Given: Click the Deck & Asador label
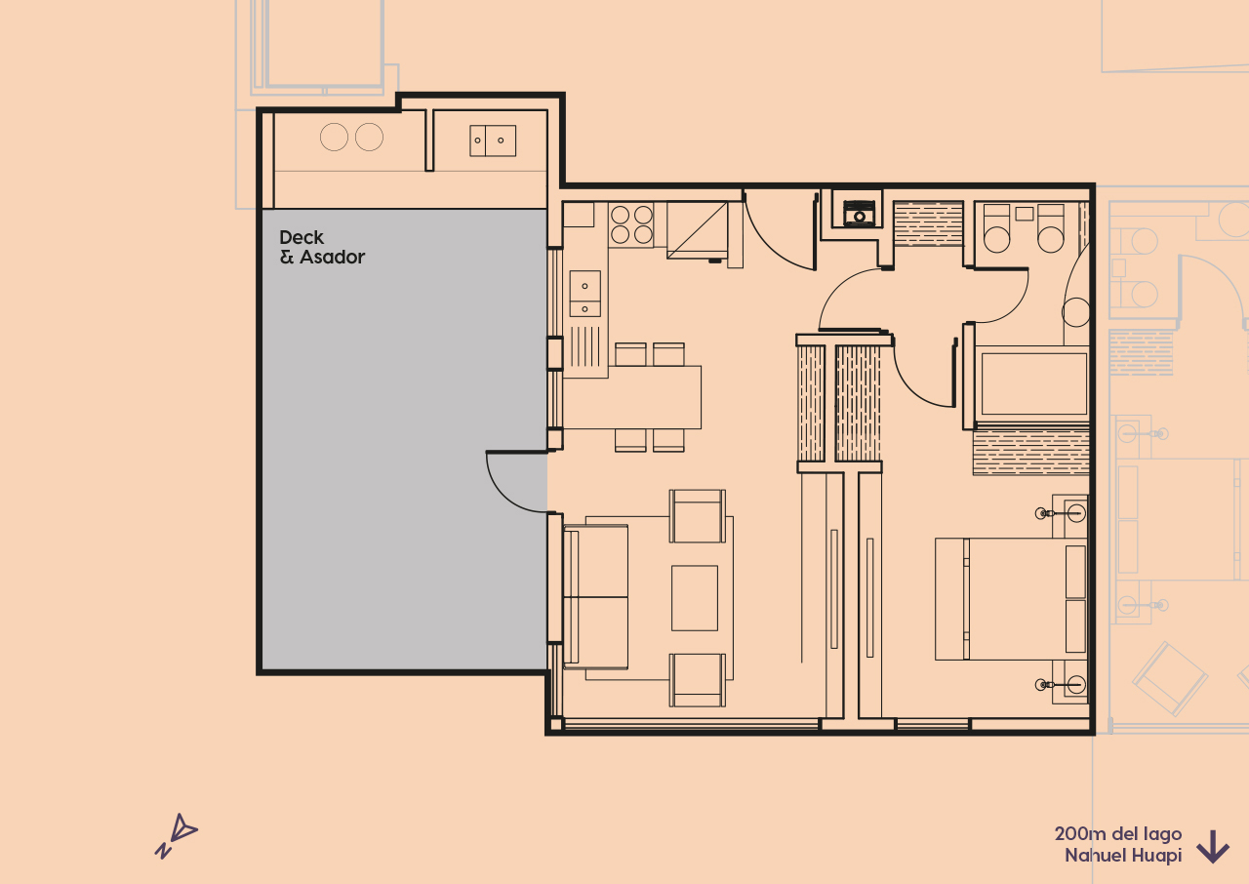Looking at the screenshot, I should tap(322, 248).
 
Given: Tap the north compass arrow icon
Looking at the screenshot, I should tap(177, 835).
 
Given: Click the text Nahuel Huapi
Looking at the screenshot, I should tap(1122, 856).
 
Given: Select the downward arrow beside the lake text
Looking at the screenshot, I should tap(1212, 846).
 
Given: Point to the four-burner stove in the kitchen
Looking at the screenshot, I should tap(631, 224).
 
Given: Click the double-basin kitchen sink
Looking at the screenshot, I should tap(584, 294).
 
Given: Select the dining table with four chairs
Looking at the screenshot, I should tap(632, 397).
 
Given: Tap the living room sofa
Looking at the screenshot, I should tap(595, 597).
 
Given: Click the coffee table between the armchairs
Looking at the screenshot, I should tap(694, 597).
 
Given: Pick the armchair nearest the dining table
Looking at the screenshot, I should tap(698, 515).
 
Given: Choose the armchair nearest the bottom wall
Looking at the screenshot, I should tap(698, 679).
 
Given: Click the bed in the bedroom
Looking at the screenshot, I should tap(1011, 598).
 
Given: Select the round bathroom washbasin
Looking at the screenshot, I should tap(1075, 312).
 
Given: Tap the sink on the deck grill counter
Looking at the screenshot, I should tap(492, 141).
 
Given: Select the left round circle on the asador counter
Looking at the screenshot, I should tap(334, 138).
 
